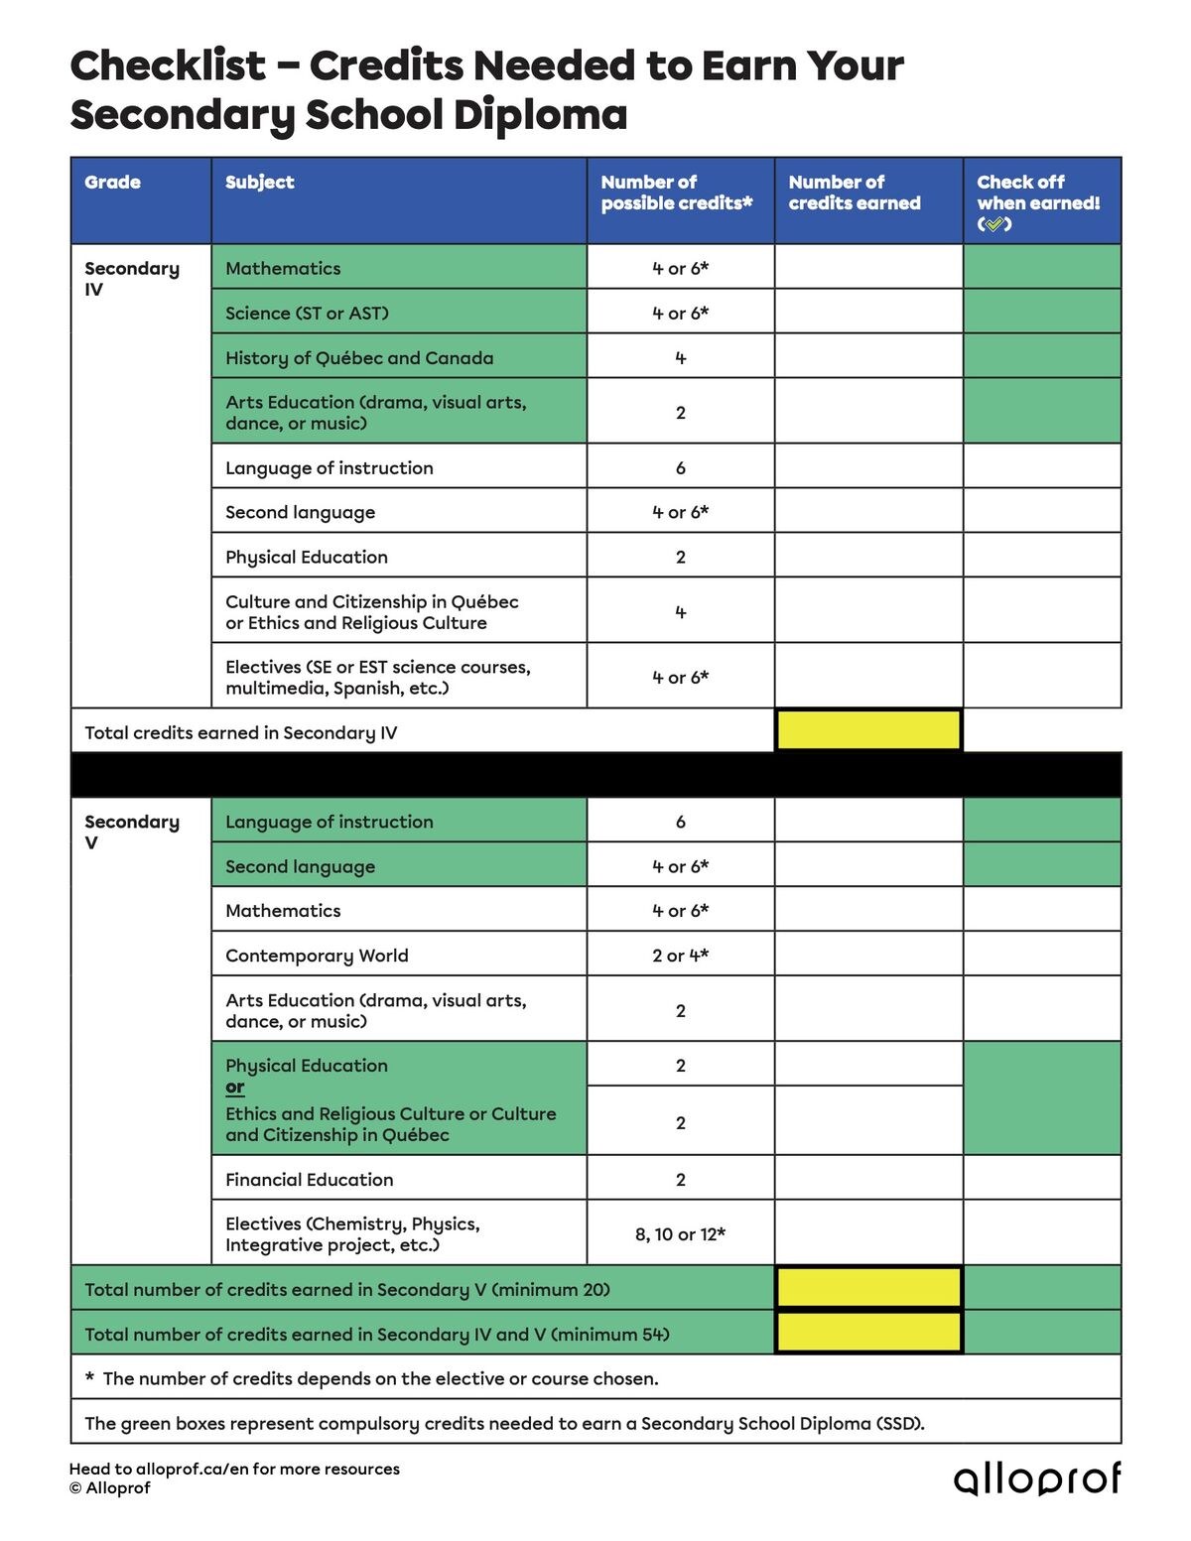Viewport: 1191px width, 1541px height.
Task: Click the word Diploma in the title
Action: tap(541, 115)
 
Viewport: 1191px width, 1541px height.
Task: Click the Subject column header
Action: tap(259, 183)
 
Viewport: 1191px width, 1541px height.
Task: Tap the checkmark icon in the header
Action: tap(994, 224)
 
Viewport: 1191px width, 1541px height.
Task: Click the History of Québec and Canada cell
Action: tap(359, 358)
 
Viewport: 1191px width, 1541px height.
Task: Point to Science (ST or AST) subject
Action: tap(307, 314)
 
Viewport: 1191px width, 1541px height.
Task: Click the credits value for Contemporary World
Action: tap(680, 956)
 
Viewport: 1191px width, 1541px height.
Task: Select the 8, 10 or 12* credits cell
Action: tap(680, 1234)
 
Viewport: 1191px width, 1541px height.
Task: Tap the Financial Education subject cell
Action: tap(309, 1180)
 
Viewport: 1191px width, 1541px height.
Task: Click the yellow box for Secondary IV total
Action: tap(867, 731)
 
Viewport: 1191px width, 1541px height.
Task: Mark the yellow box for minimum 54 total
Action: tap(867, 1334)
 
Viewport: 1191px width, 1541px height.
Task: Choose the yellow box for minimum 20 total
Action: tap(867, 1289)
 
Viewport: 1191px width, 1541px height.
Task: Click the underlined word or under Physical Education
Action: tap(234, 1088)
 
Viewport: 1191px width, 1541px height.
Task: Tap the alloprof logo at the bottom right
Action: tap(1037, 1477)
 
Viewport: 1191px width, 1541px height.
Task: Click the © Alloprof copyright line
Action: tap(110, 1488)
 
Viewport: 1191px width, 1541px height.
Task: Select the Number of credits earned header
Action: tap(854, 193)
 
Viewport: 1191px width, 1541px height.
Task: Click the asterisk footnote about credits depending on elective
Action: tap(371, 1378)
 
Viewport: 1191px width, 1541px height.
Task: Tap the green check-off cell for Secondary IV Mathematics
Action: tap(1041, 268)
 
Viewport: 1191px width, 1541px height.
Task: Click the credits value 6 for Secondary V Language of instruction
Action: tap(680, 822)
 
